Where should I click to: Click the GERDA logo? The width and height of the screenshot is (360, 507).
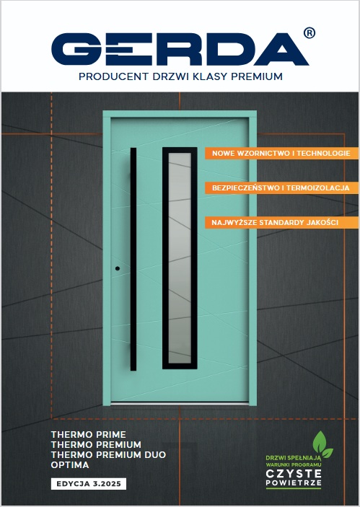[180, 49]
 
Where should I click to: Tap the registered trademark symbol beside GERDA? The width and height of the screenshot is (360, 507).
[309, 33]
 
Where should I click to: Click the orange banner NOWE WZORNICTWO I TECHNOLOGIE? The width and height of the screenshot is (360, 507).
[282, 154]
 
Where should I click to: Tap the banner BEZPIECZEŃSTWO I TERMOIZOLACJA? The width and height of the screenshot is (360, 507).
[282, 188]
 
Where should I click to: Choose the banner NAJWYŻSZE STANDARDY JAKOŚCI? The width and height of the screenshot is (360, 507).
[282, 222]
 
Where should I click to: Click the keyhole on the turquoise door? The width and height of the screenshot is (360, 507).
[118, 268]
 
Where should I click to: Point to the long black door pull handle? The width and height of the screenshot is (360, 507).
[133, 259]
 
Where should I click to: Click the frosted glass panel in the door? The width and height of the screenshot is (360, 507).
[180, 258]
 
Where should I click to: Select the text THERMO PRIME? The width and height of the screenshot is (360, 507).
[88, 434]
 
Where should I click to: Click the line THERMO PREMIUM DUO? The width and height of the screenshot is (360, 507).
[108, 454]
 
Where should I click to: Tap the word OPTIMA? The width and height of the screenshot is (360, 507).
[70, 465]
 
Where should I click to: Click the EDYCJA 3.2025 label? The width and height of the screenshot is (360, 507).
[89, 484]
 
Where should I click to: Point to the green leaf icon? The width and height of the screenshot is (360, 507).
[322, 444]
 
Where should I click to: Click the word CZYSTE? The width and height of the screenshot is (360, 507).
[294, 474]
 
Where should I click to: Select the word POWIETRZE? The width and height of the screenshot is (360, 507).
[294, 483]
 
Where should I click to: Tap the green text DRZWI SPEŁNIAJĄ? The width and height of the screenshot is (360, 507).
[294, 458]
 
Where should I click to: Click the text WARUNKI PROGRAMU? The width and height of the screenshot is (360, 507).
[294, 464]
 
